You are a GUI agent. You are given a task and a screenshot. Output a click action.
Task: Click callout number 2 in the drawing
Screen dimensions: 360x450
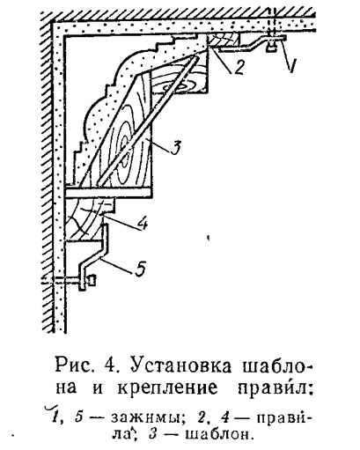pyautogui.click(x=239, y=67)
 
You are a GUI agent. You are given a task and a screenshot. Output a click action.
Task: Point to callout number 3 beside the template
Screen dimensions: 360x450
pyautogui.click(x=175, y=147)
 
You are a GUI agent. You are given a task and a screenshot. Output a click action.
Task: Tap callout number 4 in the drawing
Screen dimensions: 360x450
pyautogui.click(x=143, y=225)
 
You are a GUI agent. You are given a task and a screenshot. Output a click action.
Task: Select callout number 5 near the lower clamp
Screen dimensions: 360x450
pyautogui.click(x=141, y=269)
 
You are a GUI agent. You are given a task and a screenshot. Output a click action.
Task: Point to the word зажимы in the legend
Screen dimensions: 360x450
pyautogui.click(x=148, y=418)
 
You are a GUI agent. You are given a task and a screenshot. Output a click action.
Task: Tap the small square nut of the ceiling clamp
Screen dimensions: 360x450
pyautogui.click(x=272, y=47)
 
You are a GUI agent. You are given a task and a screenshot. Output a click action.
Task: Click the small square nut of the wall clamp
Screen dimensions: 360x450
pyautogui.click(x=92, y=280)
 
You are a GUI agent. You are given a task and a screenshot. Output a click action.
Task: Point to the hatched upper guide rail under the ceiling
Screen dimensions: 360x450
pyautogui.click(x=224, y=40)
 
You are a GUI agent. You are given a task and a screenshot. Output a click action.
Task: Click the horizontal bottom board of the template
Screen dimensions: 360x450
pyautogui.click(x=108, y=192)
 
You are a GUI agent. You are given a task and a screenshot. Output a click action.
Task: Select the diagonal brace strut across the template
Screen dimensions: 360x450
pyautogui.click(x=148, y=118)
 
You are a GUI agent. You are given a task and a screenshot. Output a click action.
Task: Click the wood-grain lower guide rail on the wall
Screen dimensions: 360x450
pyautogui.click(x=88, y=219)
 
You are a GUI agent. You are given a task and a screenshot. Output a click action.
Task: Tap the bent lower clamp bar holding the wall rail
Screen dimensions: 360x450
pyautogui.click(x=93, y=256)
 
